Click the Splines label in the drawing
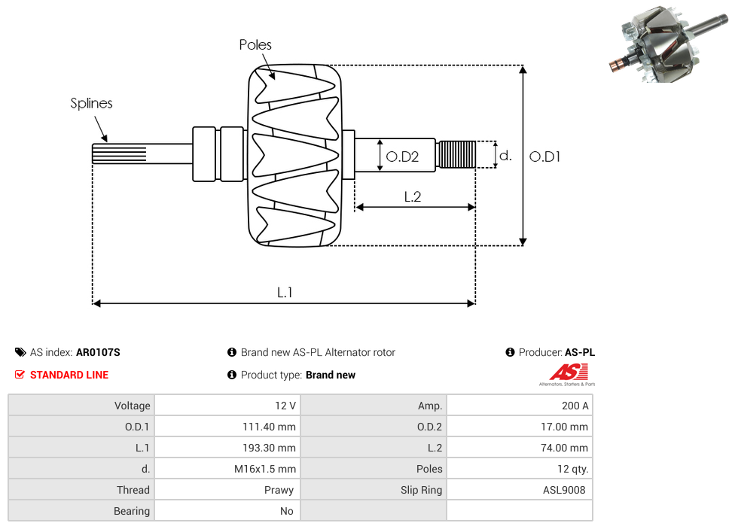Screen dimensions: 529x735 coord(91,104)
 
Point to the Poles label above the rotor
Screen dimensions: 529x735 coord(255,45)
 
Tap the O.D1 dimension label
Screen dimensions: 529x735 coord(545,157)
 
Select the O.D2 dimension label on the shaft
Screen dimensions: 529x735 coord(402,157)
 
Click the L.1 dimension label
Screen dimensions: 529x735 coord(284,293)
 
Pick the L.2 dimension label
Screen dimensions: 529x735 coord(412,196)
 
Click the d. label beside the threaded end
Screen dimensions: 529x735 coord(505,156)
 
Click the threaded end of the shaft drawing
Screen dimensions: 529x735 coord(456,155)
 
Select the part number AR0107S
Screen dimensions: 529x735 coord(98,352)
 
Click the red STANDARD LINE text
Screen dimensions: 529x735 coord(69,375)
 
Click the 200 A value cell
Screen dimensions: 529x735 coord(575,406)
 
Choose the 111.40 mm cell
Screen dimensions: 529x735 coord(264,427)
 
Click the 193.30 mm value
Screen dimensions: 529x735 coord(264,448)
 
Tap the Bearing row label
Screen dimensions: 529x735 coord(132,511)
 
